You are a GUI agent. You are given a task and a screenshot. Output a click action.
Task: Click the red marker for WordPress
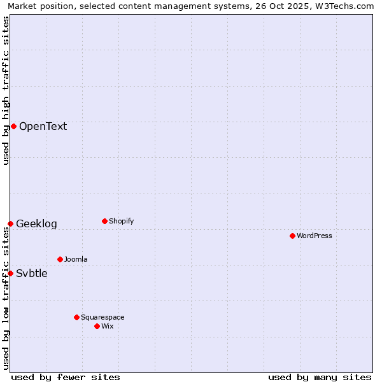[292, 236]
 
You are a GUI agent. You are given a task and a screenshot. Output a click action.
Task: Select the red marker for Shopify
[104, 221]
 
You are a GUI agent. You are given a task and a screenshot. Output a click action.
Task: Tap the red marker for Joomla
[60, 259]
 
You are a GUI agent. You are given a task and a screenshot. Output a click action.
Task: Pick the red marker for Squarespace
[76, 317]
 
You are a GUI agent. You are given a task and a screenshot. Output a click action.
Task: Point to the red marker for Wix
[97, 326]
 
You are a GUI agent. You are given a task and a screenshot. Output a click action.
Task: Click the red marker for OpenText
[13, 126]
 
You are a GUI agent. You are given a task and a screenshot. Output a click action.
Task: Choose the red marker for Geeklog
[10, 223]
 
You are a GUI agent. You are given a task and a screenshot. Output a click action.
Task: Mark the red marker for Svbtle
[10, 273]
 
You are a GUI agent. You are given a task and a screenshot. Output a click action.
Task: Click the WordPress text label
[315, 236]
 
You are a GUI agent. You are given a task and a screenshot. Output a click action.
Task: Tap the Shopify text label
[121, 221]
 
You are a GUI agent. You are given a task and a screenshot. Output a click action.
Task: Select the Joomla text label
[76, 259]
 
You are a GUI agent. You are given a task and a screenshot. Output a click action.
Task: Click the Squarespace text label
[103, 317]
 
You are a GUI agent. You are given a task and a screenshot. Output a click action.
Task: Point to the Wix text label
[107, 326]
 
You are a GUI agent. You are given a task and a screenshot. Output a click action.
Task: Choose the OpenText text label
[43, 126]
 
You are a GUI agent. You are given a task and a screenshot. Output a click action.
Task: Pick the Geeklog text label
[36, 223]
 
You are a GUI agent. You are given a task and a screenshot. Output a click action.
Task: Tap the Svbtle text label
[32, 273]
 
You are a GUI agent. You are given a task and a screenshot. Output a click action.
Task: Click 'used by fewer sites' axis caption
[66, 377]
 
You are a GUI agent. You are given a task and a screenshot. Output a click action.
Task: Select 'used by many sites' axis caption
[320, 377]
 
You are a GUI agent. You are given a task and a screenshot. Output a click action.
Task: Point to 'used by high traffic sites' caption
[6, 90]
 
